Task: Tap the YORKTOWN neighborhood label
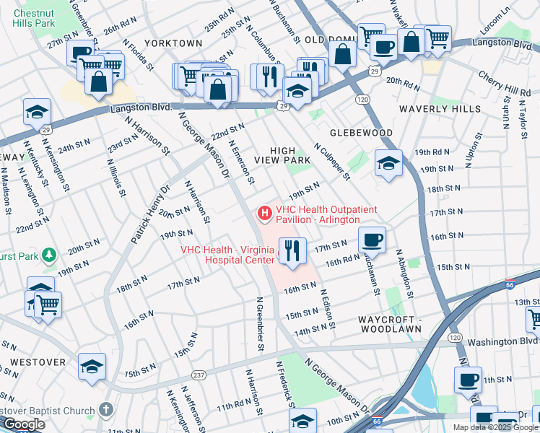(x=173, y=43)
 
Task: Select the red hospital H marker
(x=264, y=214)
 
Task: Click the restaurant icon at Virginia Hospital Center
(x=292, y=251)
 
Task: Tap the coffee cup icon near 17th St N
(x=372, y=240)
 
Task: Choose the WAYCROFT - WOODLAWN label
(x=395, y=324)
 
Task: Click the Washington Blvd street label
(x=502, y=342)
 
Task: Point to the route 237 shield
(x=199, y=375)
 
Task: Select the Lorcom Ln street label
(x=516, y=23)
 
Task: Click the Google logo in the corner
(x=24, y=424)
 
